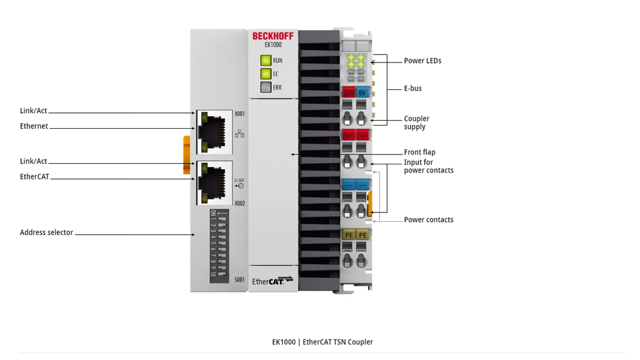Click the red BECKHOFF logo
(x=272, y=36)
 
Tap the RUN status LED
(x=266, y=61)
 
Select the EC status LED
(x=266, y=74)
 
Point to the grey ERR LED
(x=266, y=87)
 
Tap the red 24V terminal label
(x=349, y=92)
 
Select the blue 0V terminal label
(x=362, y=92)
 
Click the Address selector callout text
(x=46, y=232)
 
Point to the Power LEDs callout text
(x=422, y=61)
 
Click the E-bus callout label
(x=412, y=89)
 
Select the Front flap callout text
(x=419, y=152)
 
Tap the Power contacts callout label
(x=429, y=219)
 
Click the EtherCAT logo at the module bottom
(x=272, y=281)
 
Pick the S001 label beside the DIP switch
(x=239, y=279)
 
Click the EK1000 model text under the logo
(x=273, y=45)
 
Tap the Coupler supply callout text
(x=416, y=122)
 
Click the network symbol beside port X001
(x=239, y=134)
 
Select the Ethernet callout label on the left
(x=34, y=126)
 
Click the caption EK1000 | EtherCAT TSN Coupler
(x=322, y=342)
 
